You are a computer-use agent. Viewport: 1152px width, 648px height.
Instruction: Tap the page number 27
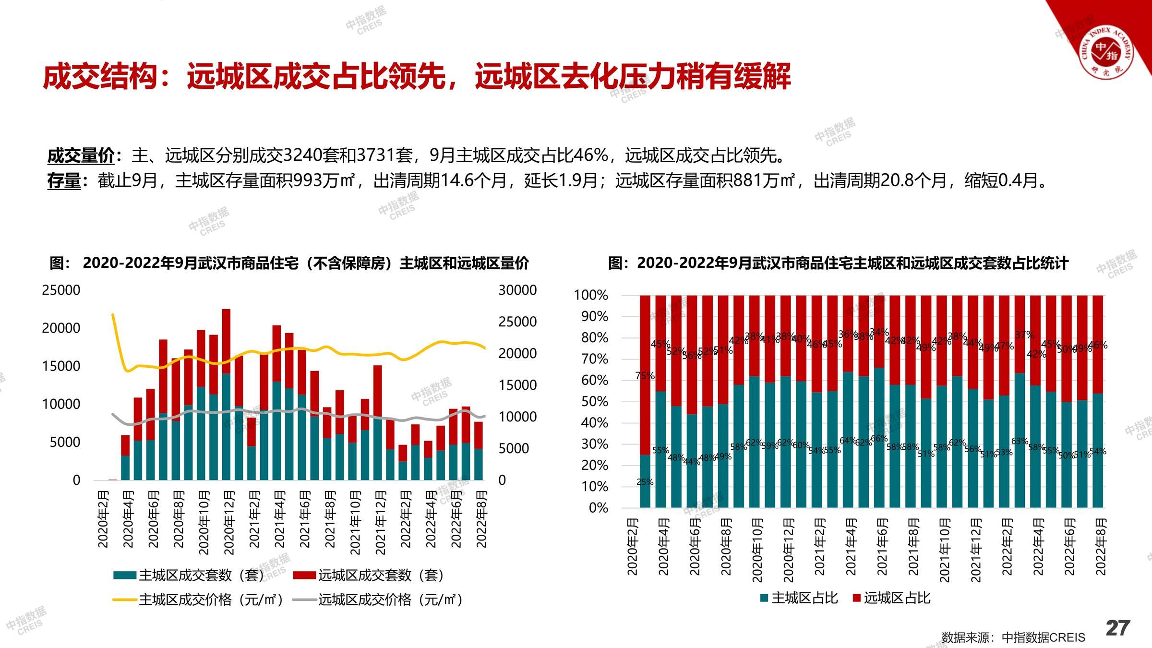pos(1117,628)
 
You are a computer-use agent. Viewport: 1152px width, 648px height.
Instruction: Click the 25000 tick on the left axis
pos(61,290)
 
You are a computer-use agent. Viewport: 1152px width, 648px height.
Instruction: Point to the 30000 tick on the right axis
pos(517,290)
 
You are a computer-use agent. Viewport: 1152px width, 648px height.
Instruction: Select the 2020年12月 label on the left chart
pos(229,522)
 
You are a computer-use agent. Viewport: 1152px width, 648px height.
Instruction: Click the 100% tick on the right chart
pos(591,295)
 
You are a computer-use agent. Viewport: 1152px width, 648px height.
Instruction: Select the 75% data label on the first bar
pos(645,376)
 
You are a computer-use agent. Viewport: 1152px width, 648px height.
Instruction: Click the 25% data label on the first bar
pos(645,482)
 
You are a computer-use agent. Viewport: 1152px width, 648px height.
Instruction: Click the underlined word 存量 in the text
pos(64,181)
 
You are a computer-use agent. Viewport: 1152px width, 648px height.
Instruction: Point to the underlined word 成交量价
pos(80,156)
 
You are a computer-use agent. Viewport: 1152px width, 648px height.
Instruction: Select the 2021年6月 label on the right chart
pos(882,547)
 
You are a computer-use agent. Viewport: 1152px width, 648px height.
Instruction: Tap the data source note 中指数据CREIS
pos(1043,637)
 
